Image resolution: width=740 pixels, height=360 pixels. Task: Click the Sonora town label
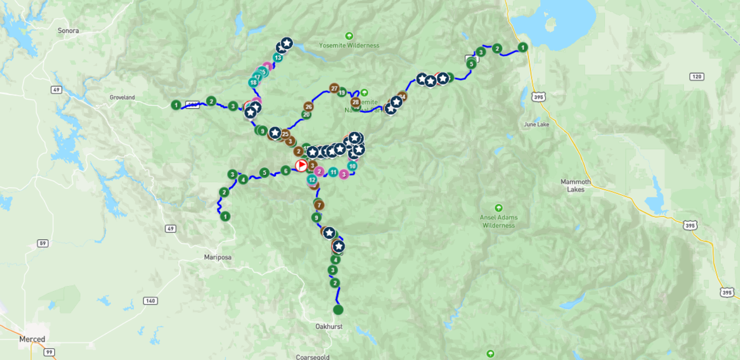click(68, 31)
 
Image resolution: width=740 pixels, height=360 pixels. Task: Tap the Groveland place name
click(122, 98)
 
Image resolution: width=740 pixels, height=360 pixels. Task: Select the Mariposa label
click(218, 257)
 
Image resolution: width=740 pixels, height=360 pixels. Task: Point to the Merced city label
click(32, 339)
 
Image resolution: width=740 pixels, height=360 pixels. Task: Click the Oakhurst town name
click(328, 327)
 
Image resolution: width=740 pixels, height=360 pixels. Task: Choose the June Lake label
click(537, 125)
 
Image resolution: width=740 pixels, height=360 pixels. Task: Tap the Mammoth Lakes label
click(576, 186)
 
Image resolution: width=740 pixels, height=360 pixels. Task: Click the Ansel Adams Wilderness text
click(498, 221)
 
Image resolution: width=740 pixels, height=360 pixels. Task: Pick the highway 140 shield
click(150, 300)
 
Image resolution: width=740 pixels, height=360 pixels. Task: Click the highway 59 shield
click(43, 244)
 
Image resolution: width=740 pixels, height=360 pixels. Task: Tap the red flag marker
click(301, 165)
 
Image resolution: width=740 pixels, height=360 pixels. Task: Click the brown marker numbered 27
click(334, 89)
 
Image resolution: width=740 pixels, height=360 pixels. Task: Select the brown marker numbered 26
click(309, 107)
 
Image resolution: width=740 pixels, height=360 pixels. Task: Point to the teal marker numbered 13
click(278, 58)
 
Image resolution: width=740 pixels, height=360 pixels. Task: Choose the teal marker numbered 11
click(333, 172)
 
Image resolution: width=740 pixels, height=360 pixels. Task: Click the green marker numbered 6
click(286, 171)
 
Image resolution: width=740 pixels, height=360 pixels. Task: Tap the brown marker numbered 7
click(319, 205)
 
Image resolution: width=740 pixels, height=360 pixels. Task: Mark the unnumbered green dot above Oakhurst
click(338, 310)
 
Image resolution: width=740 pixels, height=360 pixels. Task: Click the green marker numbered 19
click(342, 92)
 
